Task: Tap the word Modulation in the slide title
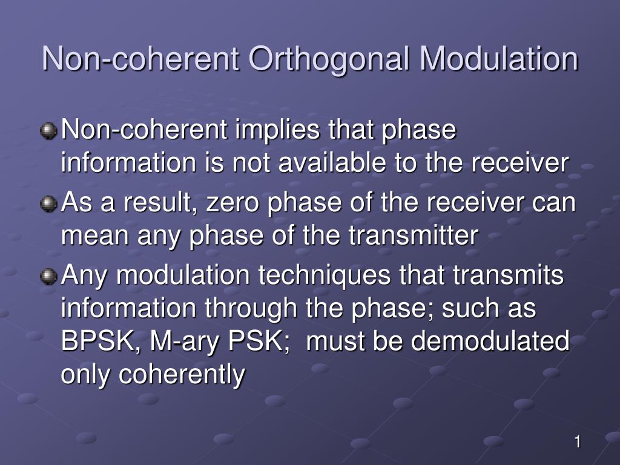[x=499, y=59]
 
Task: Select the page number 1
[x=578, y=441]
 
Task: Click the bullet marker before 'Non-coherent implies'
[x=48, y=131]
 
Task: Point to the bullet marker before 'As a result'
[x=48, y=204]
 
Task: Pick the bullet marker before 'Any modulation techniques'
[x=48, y=276]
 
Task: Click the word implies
[x=277, y=131]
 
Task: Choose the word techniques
[x=325, y=276]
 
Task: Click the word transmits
[x=508, y=275]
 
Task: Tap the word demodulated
[x=490, y=341]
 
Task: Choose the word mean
[x=95, y=237]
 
